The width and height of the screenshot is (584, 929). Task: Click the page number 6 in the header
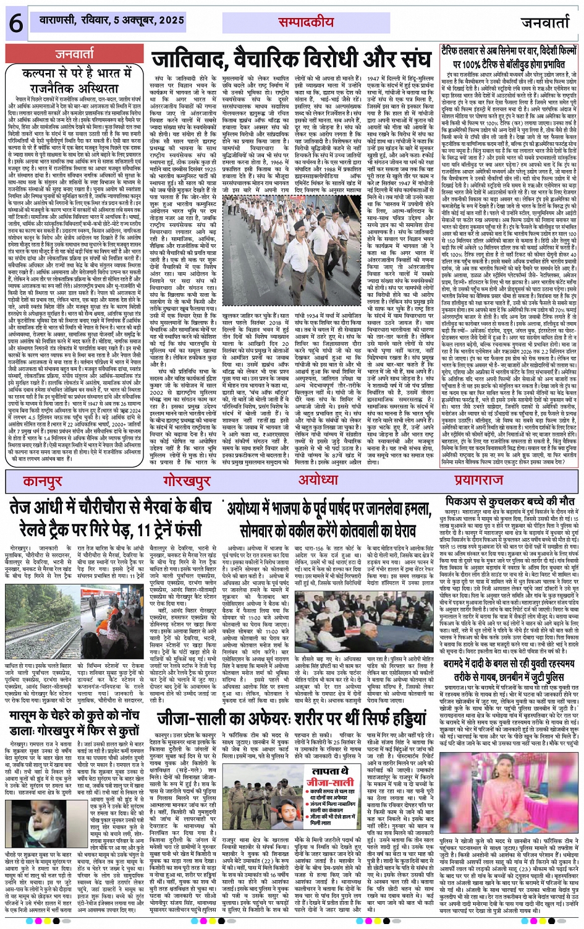click(x=15, y=24)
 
